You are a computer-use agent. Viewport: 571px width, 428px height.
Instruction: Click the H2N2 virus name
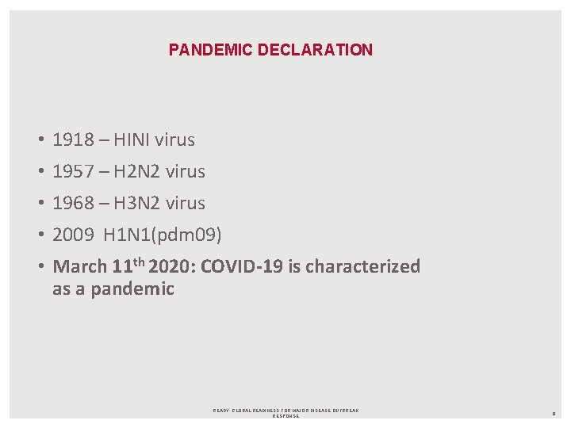(137, 171)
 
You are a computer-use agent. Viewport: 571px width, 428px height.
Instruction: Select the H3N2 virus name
(137, 203)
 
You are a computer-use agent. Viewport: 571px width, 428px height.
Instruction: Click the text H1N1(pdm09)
(163, 235)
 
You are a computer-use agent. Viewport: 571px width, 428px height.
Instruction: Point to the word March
(79, 267)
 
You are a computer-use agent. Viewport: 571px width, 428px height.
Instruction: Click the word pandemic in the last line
(132, 289)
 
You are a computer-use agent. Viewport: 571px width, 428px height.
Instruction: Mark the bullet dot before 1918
(39, 141)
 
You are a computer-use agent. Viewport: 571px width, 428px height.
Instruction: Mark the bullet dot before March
(39, 267)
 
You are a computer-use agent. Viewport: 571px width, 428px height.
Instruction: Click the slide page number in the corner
(553, 413)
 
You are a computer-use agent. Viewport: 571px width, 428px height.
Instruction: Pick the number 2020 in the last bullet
(172, 266)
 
